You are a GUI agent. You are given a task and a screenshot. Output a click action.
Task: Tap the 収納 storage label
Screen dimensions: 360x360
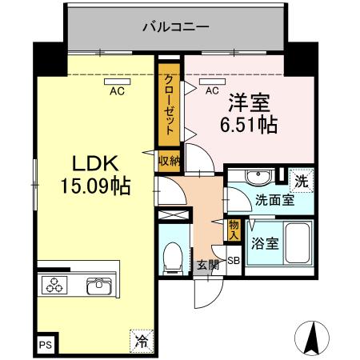[x=168, y=161]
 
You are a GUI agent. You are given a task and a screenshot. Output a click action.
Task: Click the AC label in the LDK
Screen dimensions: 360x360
[x=117, y=90]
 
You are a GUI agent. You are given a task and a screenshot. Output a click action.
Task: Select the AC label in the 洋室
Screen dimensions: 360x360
[x=212, y=90]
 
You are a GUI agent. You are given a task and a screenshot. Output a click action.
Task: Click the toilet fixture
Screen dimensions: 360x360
[x=171, y=256]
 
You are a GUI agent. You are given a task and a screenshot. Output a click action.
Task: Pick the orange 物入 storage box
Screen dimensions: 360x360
[x=234, y=230]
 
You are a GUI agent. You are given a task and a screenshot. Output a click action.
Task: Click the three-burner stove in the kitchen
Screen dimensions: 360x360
[x=56, y=285]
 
